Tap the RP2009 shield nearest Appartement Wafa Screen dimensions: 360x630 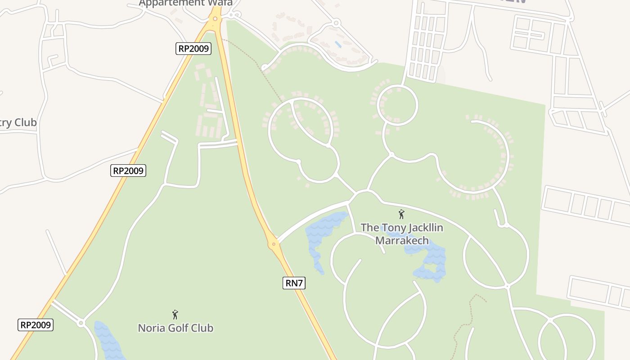click(193, 49)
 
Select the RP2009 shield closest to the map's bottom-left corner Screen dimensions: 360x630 click(36, 325)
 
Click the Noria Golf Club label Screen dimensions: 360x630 click(175, 328)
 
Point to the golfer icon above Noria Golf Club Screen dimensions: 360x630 click(175, 315)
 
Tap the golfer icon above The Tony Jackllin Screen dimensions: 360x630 click(401, 214)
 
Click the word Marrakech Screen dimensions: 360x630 click(402, 240)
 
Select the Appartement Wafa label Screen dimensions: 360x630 click(185, 3)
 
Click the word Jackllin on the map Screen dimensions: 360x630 click(421, 228)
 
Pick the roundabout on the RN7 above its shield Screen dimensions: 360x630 click(274, 244)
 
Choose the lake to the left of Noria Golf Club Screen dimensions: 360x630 click(108, 340)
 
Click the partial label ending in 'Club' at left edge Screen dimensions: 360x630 click(18, 122)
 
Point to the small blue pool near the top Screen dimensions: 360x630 click(338, 44)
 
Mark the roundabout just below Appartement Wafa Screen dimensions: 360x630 click(215, 19)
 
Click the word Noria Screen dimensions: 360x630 click(151, 328)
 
